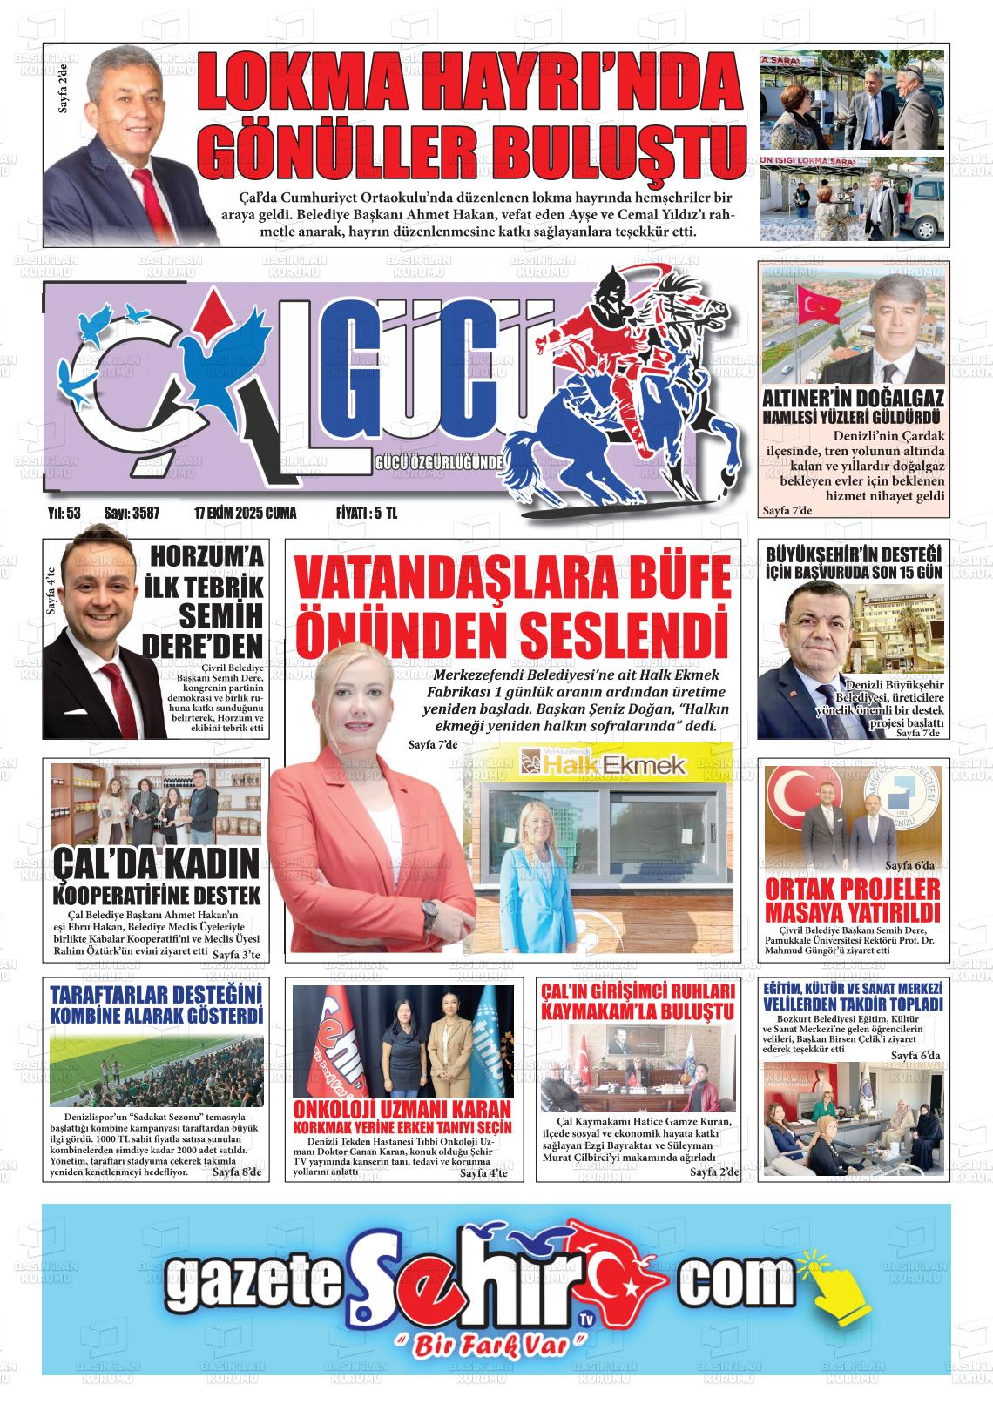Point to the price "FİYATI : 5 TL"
(366, 514)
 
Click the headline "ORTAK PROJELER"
(852, 889)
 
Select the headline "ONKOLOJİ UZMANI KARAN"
(402, 1109)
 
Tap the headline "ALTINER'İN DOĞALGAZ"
(853, 400)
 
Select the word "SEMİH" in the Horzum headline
(220, 616)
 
